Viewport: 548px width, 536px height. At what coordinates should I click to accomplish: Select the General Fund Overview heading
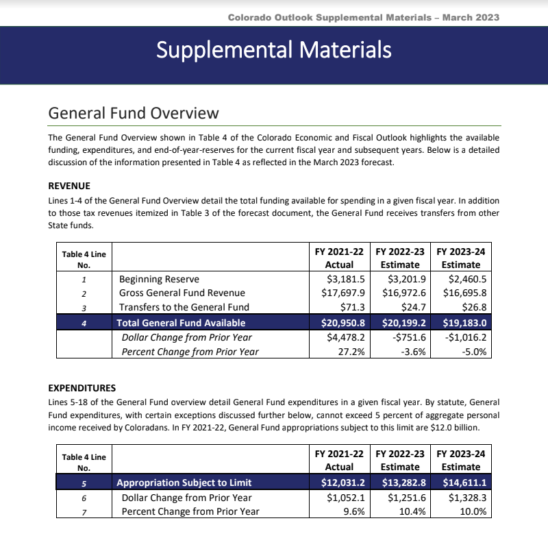point(134,113)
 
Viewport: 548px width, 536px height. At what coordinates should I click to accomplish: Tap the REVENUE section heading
point(69,186)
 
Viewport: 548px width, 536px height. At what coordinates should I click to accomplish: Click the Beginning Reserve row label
point(159,279)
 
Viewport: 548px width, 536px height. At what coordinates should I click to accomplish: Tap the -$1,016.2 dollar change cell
point(465,337)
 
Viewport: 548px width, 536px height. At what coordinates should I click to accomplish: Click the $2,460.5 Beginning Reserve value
point(465,279)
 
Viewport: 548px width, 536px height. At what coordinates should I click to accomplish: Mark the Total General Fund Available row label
point(181,322)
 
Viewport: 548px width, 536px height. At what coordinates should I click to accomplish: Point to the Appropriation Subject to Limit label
point(184,483)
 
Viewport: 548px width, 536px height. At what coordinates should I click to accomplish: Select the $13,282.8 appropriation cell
point(403,483)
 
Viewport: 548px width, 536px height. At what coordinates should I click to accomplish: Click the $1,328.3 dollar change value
point(465,498)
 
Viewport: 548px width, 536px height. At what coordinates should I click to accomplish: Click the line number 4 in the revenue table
point(83,322)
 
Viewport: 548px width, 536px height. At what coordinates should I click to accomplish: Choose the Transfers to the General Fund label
point(184,306)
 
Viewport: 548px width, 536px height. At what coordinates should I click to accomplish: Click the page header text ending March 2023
point(363,16)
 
